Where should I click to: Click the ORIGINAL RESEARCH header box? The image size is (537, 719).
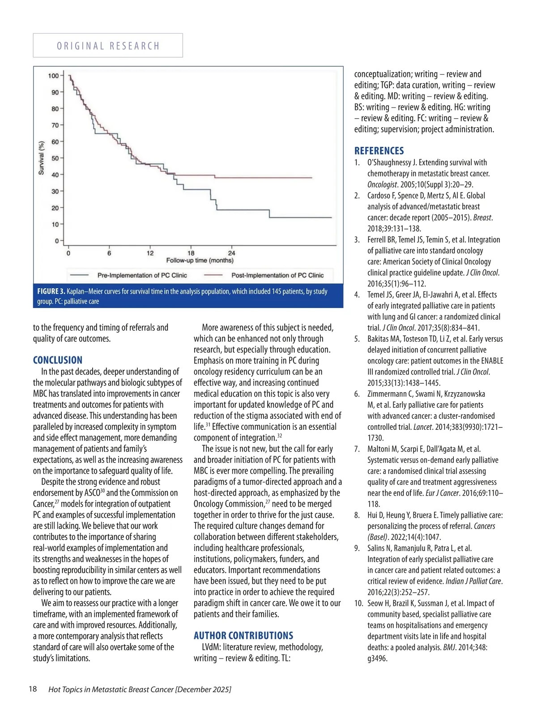pos(108,46)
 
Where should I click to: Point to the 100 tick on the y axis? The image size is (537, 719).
pos(54,76)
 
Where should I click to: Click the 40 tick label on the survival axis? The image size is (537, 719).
pos(55,175)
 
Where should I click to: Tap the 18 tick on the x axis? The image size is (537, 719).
pos(191,253)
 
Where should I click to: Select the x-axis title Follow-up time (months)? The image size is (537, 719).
pos(200,261)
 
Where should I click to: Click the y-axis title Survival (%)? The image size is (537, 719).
pos(42,158)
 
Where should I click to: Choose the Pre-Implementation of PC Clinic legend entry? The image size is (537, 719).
pos(142,275)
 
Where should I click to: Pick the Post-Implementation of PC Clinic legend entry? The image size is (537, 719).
pos(277,275)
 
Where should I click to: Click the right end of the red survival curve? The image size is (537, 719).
pos(311,178)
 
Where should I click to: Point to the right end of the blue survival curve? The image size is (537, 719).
pos(331,217)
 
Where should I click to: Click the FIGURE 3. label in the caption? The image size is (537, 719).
pos(51,291)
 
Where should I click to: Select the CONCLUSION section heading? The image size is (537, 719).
pos(58,360)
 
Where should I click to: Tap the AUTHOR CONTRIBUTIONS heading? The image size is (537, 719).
pos(243,636)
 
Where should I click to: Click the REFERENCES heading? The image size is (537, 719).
pos(379,151)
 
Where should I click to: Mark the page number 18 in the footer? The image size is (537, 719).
pos(33,689)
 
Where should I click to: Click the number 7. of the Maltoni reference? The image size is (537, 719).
pos(357,449)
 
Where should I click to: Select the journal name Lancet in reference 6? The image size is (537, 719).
pos(422,427)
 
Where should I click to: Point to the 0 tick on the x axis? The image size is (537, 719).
pos(68,253)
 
